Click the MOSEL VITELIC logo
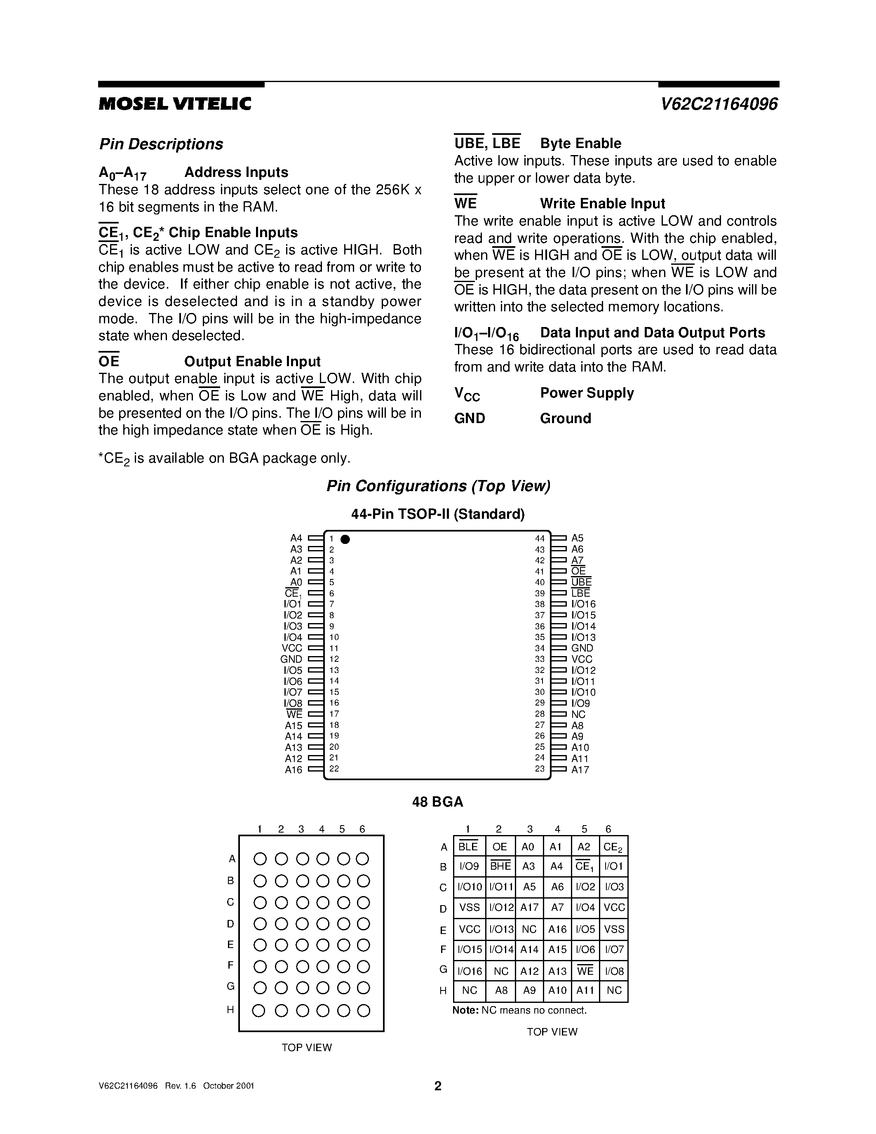click(175, 104)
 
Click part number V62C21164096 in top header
click(719, 104)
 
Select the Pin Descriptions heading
click(161, 144)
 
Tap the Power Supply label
click(587, 393)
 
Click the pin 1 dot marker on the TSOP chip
click(345, 539)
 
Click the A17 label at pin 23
click(580, 770)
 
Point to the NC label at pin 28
click(578, 715)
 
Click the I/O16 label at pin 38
click(583, 605)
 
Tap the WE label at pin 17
click(294, 715)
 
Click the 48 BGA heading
click(437, 802)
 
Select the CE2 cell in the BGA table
click(613, 847)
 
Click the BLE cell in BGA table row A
click(468, 847)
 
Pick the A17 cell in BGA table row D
click(529, 908)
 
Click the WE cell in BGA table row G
click(585, 971)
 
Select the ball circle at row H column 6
click(364, 1010)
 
